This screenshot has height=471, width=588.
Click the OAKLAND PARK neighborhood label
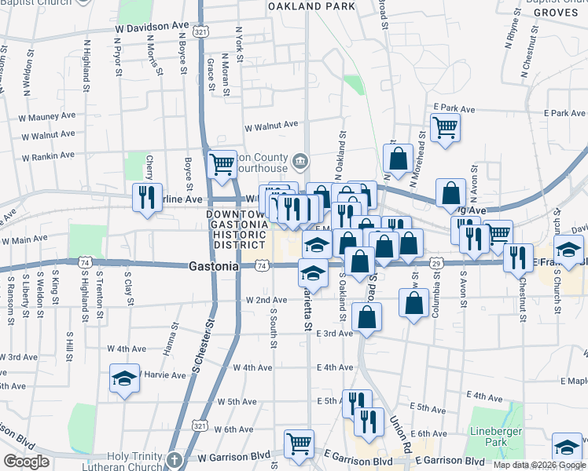click(311, 6)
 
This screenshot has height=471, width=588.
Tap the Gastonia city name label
click(214, 266)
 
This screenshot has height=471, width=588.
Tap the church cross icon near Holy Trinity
click(174, 459)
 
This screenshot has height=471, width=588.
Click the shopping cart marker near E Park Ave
click(445, 126)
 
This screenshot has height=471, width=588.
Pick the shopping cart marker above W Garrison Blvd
click(299, 444)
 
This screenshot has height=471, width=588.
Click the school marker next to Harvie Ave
click(124, 378)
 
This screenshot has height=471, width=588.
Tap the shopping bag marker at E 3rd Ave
click(366, 316)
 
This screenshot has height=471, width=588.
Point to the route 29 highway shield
click(435, 265)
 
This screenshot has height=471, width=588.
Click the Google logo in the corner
click(26, 462)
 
